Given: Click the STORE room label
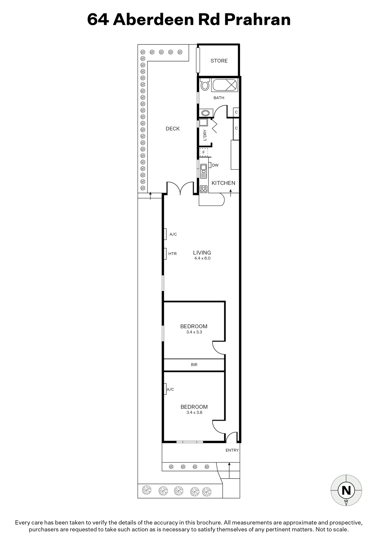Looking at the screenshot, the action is click(219, 61).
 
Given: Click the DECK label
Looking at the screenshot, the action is click(173, 129).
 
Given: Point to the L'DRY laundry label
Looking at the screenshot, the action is click(205, 135).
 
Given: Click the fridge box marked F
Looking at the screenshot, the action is click(203, 152).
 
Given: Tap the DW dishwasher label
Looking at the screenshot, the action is click(215, 165).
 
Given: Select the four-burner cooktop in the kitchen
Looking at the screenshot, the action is click(203, 189).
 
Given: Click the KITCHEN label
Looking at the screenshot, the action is click(223, 183).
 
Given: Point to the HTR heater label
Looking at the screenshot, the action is click(173, 254).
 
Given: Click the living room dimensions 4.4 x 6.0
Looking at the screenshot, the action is click(202, 258).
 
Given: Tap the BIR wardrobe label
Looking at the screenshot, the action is click(194, 365).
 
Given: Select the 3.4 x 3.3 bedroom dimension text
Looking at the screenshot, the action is click(194, 332).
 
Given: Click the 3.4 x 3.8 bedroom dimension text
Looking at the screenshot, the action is click(194, 412).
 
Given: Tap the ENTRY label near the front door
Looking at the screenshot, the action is click(232, 450).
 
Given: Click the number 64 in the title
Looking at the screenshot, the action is click(98, 20).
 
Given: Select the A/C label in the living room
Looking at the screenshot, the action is click(173, 234).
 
